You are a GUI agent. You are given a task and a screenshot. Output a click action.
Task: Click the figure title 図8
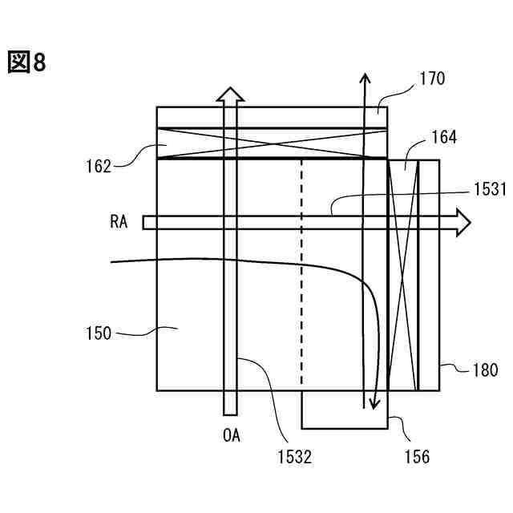[27, 63]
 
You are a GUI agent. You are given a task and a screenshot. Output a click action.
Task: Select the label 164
[443, 137]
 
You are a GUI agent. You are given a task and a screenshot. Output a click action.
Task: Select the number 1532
[294, 457]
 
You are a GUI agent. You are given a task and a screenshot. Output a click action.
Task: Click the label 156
[417, 457]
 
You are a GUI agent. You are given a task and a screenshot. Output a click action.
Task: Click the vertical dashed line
[301, 273]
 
